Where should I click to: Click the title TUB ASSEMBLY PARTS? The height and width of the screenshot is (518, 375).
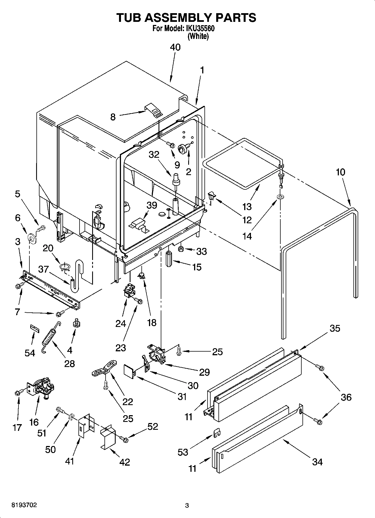(x=186, y=17)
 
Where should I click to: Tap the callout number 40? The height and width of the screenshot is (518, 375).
(x=175, y=47)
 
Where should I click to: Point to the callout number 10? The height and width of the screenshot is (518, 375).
(x=340, y=172)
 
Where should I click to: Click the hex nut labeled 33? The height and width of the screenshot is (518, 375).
(x=181, y=248)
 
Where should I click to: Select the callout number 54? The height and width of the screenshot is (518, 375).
(x=30, y=353)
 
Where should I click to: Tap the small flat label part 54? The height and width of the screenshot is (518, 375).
(x=34, y=328)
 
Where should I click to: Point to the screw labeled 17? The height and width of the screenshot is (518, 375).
(x=18, y=393)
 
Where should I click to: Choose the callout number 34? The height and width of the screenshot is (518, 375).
(x=317, y=462)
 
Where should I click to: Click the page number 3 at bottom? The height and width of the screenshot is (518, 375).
(x=187, y=506)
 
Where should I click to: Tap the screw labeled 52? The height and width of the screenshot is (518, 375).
(x=124, y=440)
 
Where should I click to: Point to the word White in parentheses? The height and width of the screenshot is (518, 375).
(x=198, y=36)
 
